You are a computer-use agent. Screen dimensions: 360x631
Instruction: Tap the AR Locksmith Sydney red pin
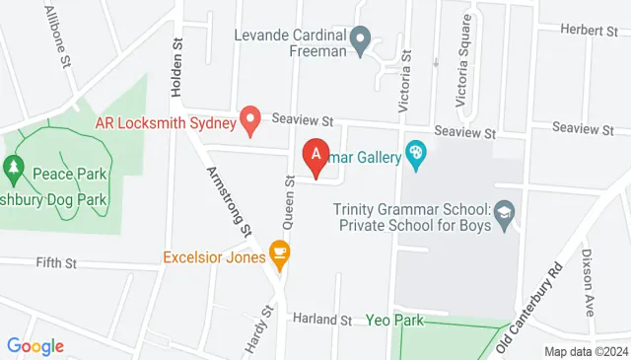[x=250, y=121]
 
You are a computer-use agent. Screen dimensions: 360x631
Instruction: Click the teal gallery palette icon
[x=416, y=156]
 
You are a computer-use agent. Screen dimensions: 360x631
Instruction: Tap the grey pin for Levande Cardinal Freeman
[x=361, y=41]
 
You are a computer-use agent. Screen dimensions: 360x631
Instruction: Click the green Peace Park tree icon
[x=13, y=170]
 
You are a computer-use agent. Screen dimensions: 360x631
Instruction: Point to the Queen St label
[x=290, y=194]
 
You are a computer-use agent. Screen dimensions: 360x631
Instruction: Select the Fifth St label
[x=55, y=263]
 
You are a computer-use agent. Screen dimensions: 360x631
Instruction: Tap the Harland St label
[x=322, y=321]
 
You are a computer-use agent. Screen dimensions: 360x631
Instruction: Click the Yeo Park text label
[x=394, y=320]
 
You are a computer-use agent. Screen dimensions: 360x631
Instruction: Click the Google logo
[x=35, y=346]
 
